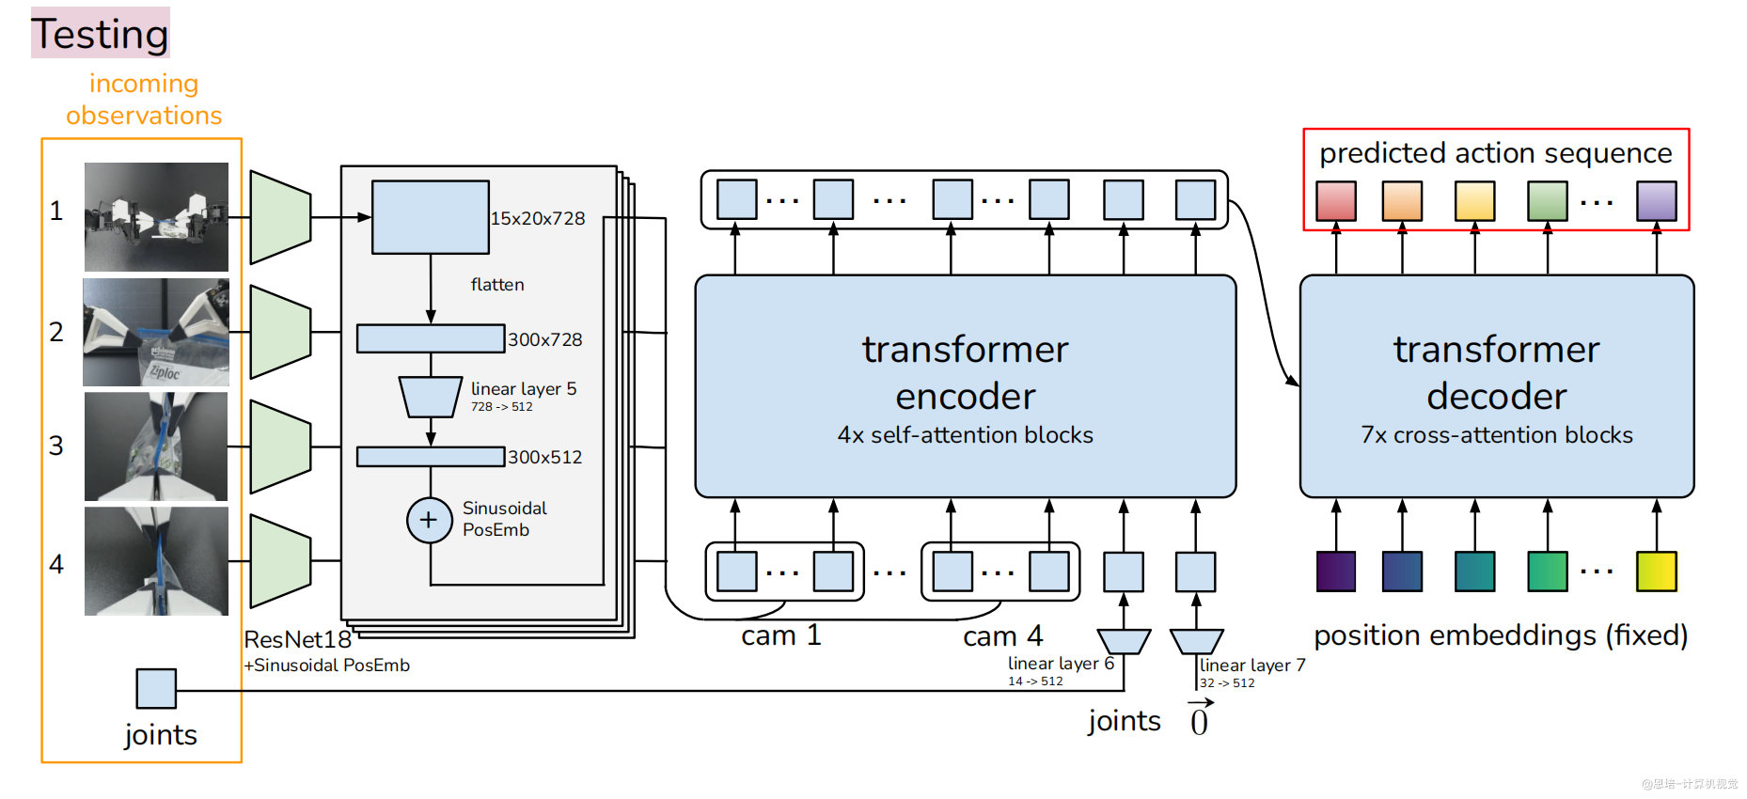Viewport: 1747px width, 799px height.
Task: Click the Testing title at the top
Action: point(100,34)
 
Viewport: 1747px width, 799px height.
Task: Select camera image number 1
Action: point(156,217)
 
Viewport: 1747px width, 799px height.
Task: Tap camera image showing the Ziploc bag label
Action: point(156,332)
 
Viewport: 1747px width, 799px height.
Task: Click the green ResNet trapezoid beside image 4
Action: point(280,561)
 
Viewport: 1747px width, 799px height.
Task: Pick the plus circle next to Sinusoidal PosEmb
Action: point(429,520)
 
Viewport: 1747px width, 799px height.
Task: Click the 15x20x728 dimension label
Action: point(538,218)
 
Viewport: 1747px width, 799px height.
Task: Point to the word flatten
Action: point(497,284)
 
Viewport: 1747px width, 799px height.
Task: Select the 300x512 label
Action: point(544,457)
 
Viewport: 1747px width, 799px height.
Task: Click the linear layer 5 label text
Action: point(524,389)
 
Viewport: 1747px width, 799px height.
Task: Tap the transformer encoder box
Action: point(965,385)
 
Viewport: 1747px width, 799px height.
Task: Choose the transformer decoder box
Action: point(1496,385)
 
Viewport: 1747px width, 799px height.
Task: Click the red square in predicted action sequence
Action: point(1336,201)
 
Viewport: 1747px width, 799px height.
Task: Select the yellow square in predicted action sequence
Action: point(1474,201)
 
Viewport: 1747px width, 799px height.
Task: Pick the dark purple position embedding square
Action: point(1336,572)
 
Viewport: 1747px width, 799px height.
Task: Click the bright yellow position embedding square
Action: point(1656,572)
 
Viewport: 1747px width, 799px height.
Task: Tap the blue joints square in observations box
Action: point(156,688)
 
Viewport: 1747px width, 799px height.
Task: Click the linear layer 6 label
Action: point(1061,664)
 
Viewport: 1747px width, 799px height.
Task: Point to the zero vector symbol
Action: point(1199,720)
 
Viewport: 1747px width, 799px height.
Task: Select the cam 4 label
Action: point(1002,636)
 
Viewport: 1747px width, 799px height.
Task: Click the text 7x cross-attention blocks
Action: point(1496,435)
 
